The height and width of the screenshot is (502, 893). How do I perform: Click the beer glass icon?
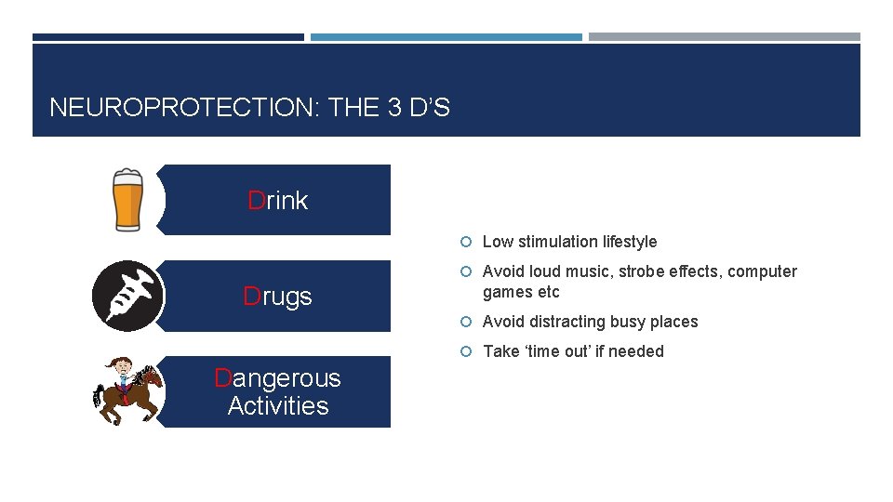127,199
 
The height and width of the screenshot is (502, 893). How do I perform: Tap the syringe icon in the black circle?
127,296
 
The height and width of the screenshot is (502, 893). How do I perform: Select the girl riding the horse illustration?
128,391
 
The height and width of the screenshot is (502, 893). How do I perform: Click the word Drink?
277,201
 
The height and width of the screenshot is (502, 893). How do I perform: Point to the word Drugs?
277,297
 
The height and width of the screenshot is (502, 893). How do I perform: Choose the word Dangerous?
277,378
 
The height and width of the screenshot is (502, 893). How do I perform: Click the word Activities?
277,406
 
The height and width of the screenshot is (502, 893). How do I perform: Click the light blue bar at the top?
446,37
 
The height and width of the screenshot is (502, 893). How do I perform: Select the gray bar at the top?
724,37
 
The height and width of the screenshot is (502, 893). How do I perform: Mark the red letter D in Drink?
257,201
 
